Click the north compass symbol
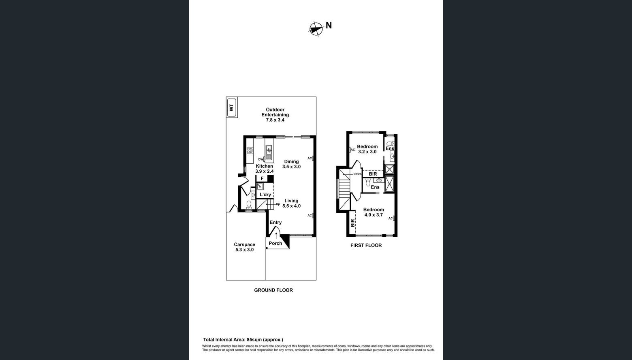tap(316, 28)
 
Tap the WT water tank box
tap(232, 108)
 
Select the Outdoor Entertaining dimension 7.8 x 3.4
tap(275, 120)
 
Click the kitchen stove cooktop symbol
tap(250, 150)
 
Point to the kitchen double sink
tap(269, 153)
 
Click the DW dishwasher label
tap(260, 159)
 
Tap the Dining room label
tap(291, 161)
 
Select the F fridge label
tap(262, 178)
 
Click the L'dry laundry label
tap(265, 195)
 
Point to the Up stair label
tap(278, 204)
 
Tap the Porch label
tap(275, 243)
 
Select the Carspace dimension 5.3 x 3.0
tap(244, 250)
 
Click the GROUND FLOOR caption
tap(273, 290)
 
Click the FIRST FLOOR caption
tap(366, 245)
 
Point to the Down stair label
tap(357, 174)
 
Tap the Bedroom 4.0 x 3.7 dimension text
tap(374, 215)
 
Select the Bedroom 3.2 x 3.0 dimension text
tap(367, 152)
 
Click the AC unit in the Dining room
tap(313, 159)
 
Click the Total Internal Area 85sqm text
tap(243, 340)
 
